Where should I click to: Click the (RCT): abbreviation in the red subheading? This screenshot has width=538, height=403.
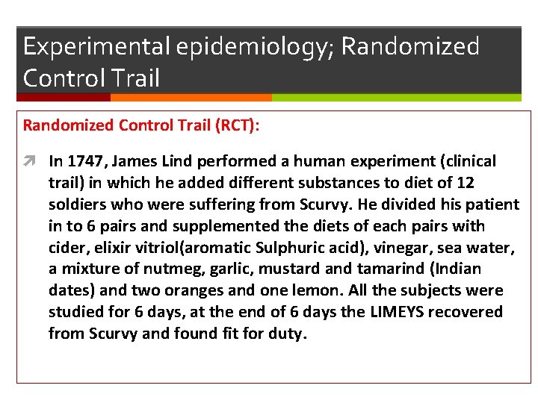click(238, 125)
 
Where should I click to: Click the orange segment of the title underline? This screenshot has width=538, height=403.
click(191, 97)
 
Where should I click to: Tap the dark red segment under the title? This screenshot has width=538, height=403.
click(64, 97)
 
